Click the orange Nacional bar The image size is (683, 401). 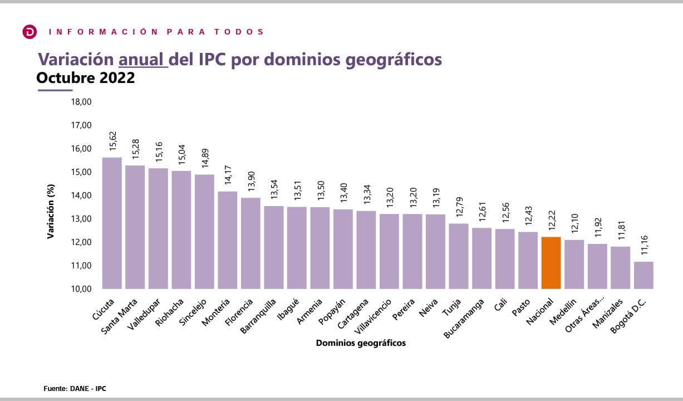pos(551,263)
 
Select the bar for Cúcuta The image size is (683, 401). pos(112,223)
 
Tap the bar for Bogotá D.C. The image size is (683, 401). pos(643,275)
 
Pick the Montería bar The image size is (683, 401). pos(227,240)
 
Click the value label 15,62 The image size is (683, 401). pos(112,141)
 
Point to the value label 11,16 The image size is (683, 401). pos(644,246)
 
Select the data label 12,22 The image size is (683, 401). pos(551,221)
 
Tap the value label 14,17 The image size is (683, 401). pos(228,175)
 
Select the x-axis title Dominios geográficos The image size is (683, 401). pos(361,343)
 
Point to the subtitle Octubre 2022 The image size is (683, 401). pos(86,78)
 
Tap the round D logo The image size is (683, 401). pos(30,32)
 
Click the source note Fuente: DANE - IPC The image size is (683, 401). pos(75,388)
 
